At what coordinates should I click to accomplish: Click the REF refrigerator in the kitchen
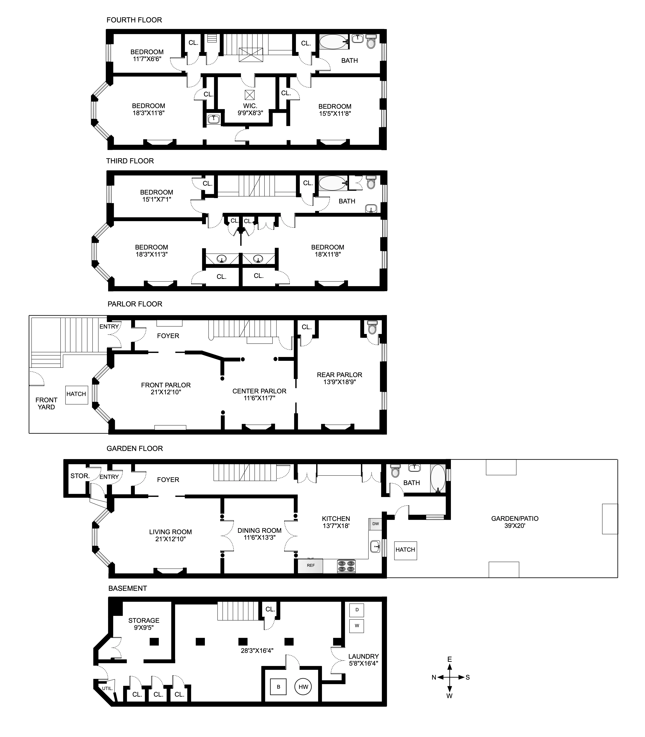[x=310, y=565]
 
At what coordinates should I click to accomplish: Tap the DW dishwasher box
[x=375, y=524]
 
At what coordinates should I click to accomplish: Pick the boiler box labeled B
[x=278, y=687]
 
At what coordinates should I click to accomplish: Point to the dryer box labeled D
[x=357, y=610]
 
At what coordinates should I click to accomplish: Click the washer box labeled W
[x=357, y=625]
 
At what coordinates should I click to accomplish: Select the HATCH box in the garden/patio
[x=405, y=550]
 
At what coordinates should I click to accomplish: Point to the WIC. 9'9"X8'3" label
[x=250, y=109]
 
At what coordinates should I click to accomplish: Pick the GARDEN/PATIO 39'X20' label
[x=515, y=522]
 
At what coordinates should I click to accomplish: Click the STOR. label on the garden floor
[x=80, y=476]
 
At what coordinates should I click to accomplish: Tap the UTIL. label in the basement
[x=107, y=688]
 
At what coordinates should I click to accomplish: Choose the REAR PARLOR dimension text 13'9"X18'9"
[x=339, y=382]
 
